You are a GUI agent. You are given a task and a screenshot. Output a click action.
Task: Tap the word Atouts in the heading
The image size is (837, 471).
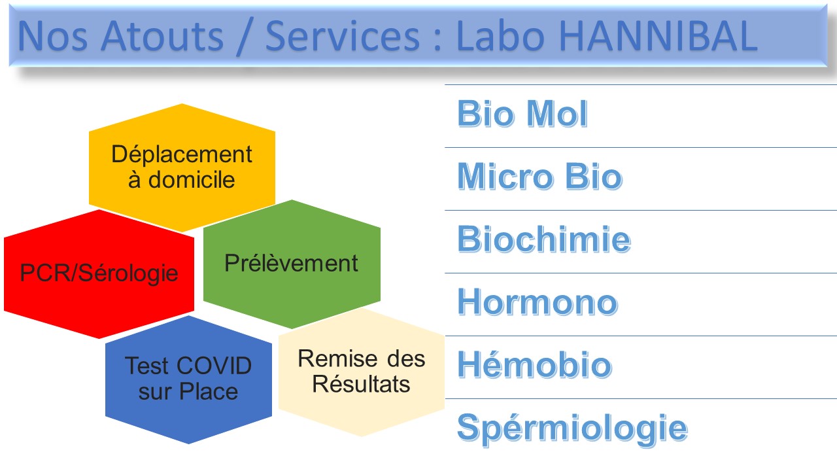pos(162,36)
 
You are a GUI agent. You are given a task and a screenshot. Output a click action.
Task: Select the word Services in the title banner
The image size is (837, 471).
pos(343,36)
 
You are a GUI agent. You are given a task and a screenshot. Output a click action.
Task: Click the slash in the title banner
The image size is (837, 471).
pos(245,37)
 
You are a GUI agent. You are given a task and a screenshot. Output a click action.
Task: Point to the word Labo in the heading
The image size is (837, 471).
pos(500,36)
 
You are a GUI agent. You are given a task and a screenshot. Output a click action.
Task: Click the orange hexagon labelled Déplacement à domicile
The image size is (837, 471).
pos(182,167)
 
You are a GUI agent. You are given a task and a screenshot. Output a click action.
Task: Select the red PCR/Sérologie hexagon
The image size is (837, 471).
pos(99,273)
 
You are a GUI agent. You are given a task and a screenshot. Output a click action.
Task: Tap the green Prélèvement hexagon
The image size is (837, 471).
pos(292,264)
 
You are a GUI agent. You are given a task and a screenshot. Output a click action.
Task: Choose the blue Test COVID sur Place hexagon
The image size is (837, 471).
pos(188,379)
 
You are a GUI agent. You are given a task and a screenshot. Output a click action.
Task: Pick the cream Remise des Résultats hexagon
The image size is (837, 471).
pos(362,372)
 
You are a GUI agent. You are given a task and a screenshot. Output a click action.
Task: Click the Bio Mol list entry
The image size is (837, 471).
pos(522,114)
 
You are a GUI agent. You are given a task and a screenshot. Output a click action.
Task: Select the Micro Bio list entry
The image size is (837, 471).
pos(540,177)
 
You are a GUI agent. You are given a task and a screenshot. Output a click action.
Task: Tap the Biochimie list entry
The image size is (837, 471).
pos(545,239)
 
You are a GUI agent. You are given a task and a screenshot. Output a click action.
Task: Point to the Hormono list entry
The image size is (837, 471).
pos(538,302)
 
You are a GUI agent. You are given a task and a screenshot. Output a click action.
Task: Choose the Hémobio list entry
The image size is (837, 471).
pos(535,364)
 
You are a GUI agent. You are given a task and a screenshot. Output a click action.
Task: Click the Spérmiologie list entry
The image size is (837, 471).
pos(572,429)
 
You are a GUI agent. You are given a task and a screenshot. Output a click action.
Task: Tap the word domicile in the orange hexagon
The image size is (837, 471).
pos(192,180)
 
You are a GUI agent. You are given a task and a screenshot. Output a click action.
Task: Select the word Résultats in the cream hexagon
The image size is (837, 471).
pos(362,384)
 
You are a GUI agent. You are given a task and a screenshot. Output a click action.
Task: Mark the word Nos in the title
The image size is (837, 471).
pos(53,36)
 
